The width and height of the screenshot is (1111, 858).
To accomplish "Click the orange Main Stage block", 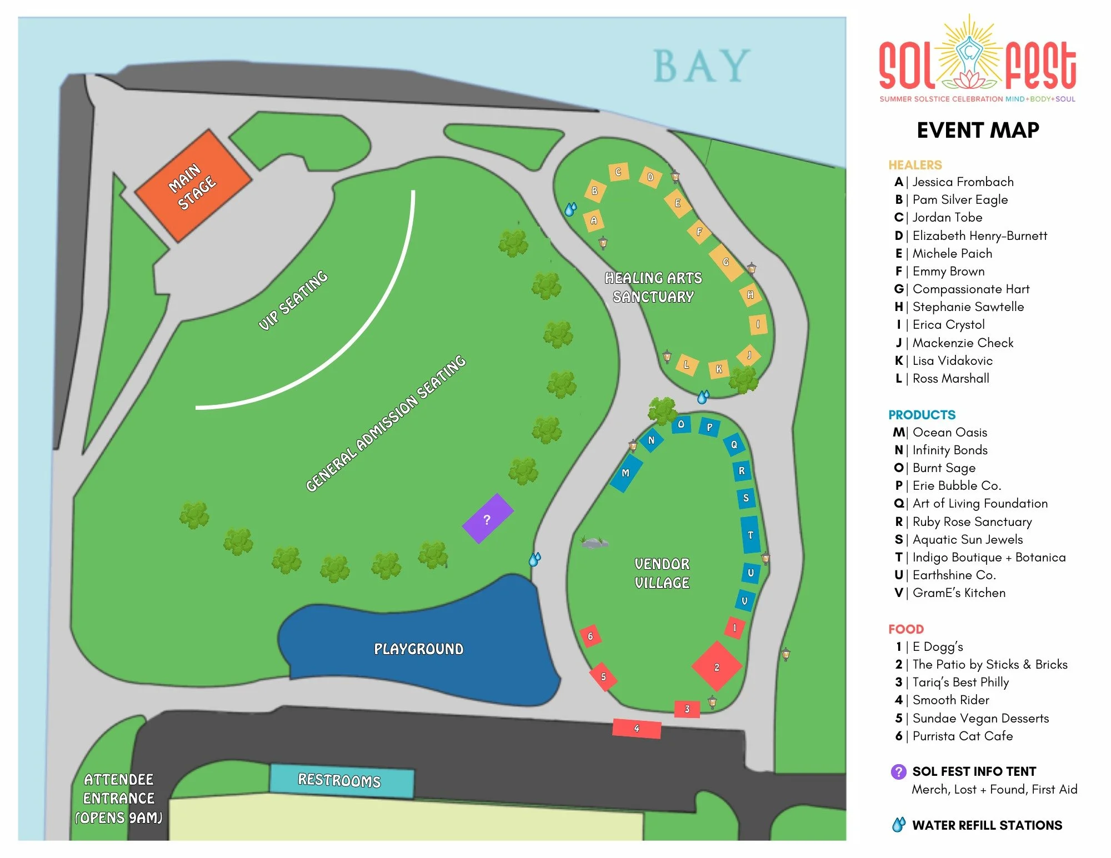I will coord(193,185).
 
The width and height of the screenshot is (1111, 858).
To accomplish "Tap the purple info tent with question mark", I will coord(487,519).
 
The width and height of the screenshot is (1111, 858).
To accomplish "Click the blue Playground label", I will coord(418,649).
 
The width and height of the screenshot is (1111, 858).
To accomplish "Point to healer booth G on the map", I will coord(726,262).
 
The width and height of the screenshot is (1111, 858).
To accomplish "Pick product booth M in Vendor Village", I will coord(626,473).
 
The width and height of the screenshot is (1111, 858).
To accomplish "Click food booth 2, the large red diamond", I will coord(717,667).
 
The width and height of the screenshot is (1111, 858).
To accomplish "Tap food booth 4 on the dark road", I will coord(637,728).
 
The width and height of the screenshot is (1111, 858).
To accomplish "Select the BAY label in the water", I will coord(702,66).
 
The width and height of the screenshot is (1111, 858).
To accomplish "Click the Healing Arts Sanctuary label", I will coord(653,287).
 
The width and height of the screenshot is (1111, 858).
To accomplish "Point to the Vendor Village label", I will coord(662,573).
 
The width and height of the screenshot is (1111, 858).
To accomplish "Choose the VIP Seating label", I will coord(293,300).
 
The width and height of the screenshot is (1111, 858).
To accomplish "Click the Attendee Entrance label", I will coord(119,798).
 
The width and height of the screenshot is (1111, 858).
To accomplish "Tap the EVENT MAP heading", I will coord(978,131).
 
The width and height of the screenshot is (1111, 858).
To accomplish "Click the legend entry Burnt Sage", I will coord(944,468).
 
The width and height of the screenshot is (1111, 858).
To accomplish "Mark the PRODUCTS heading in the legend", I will coord(922,415).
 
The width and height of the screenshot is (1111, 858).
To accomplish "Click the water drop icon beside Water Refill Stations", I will coord(898,825).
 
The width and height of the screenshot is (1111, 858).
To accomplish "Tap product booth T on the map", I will coord(750,535).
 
